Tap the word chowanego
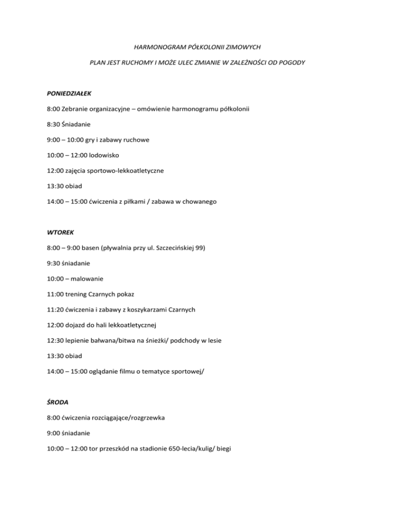click(x=198, y=202)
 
